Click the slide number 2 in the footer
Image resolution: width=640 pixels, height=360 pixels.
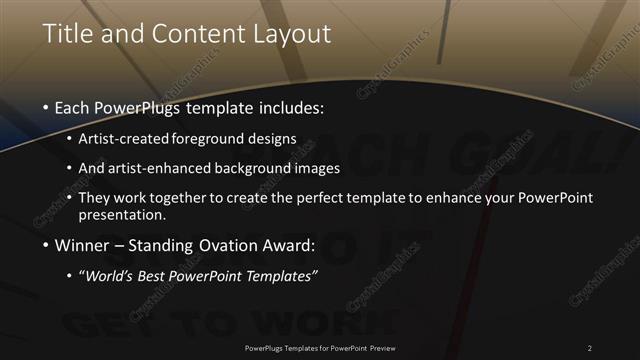tap(589, 347)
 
